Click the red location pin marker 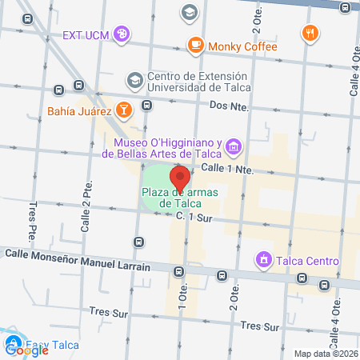coord(179,178)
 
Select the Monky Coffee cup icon coord(194,46)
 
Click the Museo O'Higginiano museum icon coord(233,146)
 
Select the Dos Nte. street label coord(230,106)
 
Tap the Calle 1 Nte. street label coord(227,169)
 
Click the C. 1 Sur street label coord(195,217)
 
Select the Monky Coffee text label coord(242,46)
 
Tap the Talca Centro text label coord(308,261)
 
